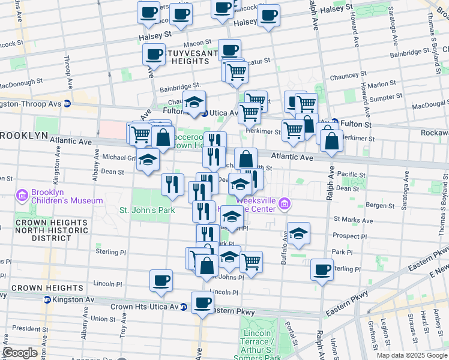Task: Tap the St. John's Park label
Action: click(146, 211)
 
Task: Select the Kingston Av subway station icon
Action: click(46, 299)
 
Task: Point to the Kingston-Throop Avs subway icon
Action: click(67, 103)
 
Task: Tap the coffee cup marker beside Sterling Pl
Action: click(322, 270)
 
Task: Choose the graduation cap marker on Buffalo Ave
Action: click(298, 235)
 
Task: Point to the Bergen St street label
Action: click(379, 205)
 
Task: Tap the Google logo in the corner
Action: click(20, 353)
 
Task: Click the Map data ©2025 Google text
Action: click(411, 355)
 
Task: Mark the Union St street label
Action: click(103, 319)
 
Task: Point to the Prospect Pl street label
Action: click(346, 236)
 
